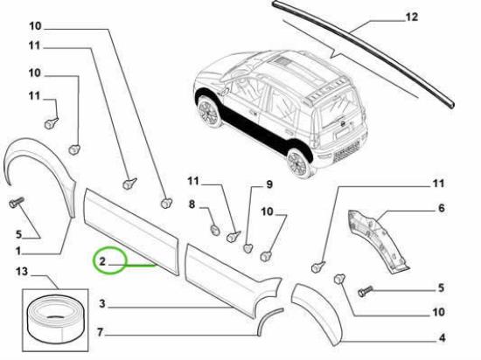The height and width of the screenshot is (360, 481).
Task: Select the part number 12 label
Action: pyautogui.click(x=412, y=17)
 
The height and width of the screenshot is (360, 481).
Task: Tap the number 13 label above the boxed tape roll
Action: pyautogui.click(x=22, y=271)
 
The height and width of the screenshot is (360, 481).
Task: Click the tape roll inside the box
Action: pyautogui.click(x=55, y=319)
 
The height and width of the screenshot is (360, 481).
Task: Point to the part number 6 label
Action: pyautogui.click(x=441, y=208)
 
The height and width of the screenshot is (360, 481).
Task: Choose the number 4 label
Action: pyautogui.click(x=442, y=337)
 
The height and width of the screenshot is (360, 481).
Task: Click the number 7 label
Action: pyautogui.click(x=100, y=332)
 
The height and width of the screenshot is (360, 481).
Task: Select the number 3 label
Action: pyautogui.click(x=102, y=303)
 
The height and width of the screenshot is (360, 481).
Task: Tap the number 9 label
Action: pyautogui.click(x=269, y=184)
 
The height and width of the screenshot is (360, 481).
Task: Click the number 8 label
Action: pyautogui.click(x=192, y=204)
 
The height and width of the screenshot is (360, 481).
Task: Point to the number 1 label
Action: pyautogui.click(x=18, y=252)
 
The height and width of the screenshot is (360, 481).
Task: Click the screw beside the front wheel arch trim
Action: pyautogui.click(x=17, y=202)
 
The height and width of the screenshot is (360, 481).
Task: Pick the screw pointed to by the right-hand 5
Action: pyautogui.click(x=365, y=291)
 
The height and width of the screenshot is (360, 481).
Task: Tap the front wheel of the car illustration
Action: pyautogui.click(x=209, y=111)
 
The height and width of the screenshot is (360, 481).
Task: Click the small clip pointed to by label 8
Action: pyautogui.click(x=215, y=230)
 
